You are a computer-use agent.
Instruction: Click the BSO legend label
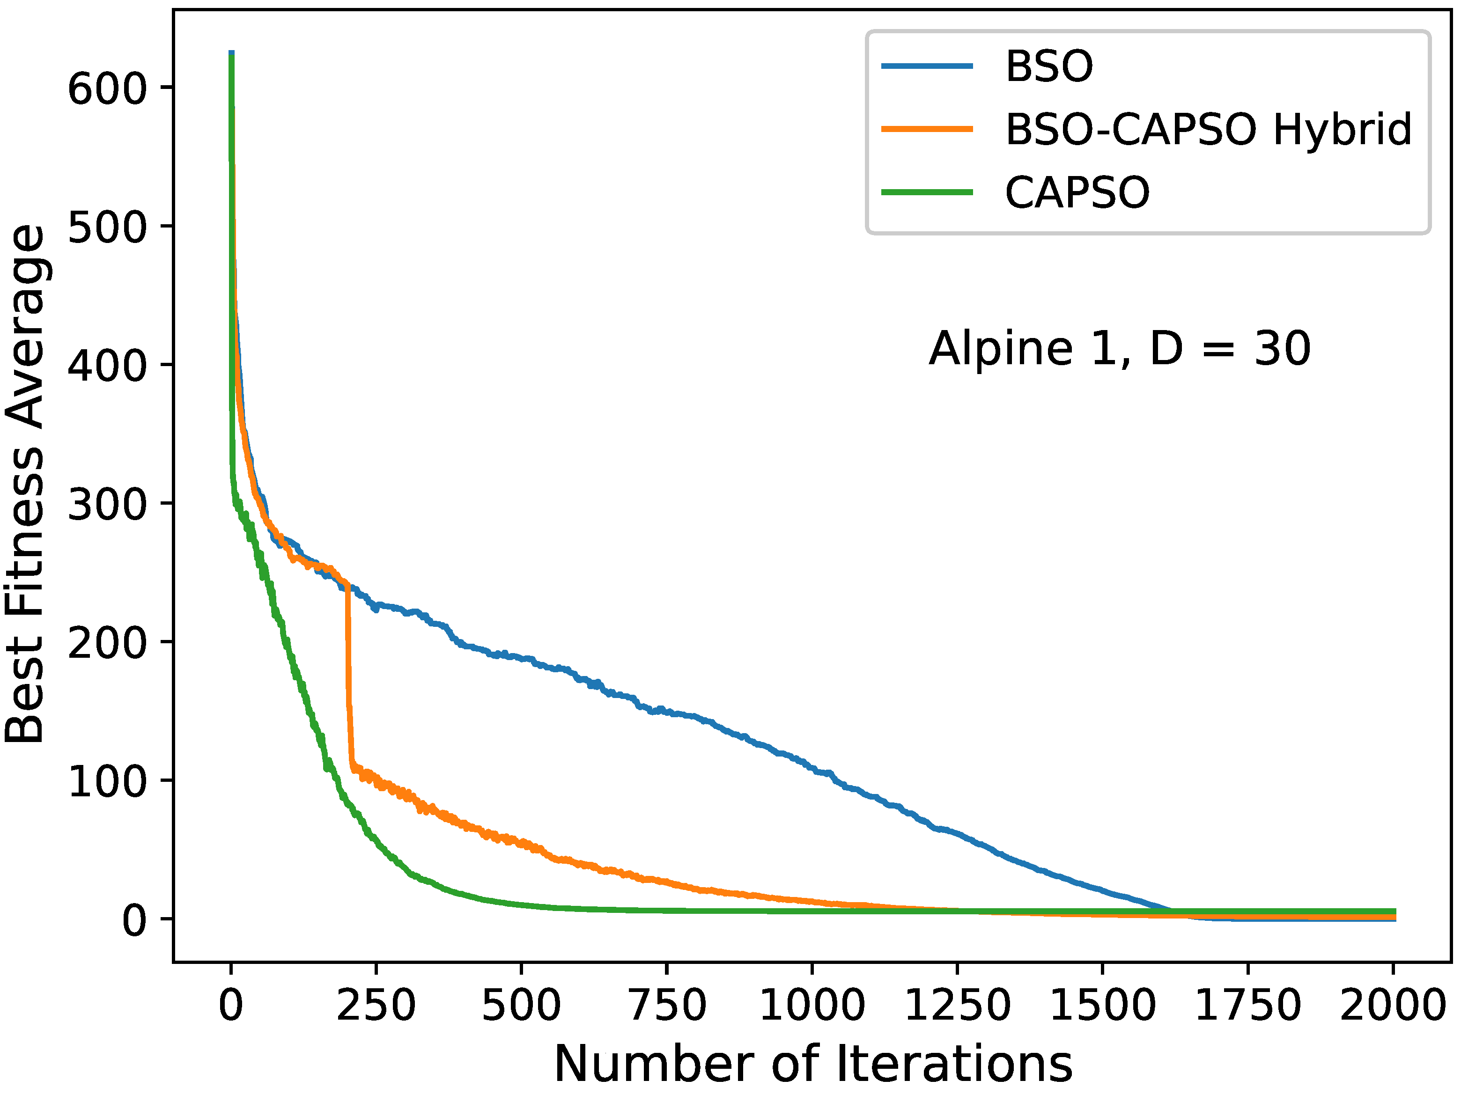tap(1049, 66)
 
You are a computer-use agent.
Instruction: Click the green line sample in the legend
tap(927, 193)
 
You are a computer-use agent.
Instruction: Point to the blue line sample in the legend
tap(927, 66)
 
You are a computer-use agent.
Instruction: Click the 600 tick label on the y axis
tap(106, 88)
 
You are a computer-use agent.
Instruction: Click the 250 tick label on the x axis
tap(376, 1006)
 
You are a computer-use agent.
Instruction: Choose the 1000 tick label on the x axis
tap(812, 1006)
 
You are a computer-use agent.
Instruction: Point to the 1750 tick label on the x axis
tap(1247, 1006)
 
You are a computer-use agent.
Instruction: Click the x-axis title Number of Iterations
tap(812, 1065)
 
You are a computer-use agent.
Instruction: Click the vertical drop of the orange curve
tap(348, 680)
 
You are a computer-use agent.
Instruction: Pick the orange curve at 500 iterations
tap(522, 844)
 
